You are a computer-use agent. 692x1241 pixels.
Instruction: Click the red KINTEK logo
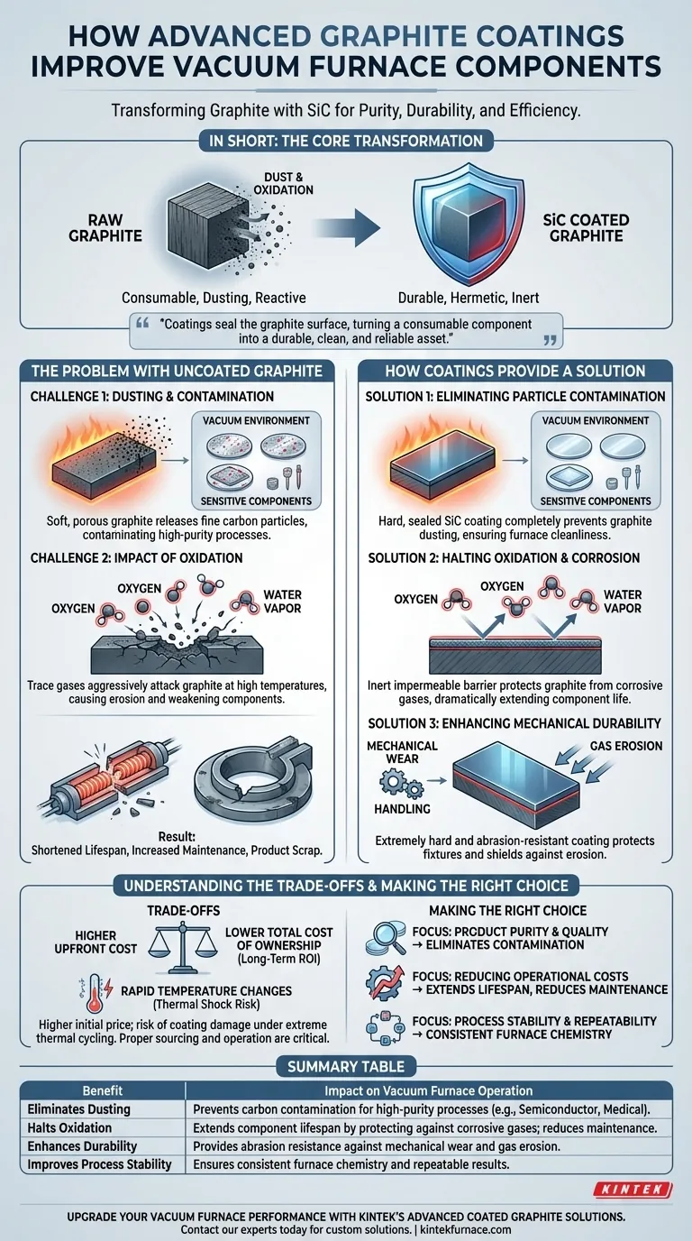pyautogui.click(x=633, y=1190)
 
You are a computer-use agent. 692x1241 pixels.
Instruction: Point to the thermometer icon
pyautogui.click(x=95, y=995)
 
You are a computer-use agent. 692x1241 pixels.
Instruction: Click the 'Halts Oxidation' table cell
pyautogui.click(x=69, y=1127)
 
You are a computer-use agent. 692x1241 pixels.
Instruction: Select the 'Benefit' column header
pyautogui.click(x=103, y=1090)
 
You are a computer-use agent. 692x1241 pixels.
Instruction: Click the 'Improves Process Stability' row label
pyautogui.click(x=100, y=1164)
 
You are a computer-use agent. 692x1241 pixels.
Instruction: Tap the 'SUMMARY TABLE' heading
pyautogui.click(x=346, y=1066)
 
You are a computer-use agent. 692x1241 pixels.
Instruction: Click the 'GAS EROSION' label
pyautogui.click(x=626, y=746)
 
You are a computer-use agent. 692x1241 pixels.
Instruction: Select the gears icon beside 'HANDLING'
pyautogui.click(x=401, y=785)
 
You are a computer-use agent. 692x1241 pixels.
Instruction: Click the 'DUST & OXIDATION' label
pyautogui.click(x=284, y=183)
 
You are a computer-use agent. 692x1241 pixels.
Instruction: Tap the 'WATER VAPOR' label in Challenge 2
pyautogui.click(x=282, y=601)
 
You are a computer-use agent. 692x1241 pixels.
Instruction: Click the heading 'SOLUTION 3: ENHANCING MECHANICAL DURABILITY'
pyautogui.click(x=514, y=723)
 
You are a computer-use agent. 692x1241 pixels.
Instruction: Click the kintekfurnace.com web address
pyautogui.click(x=466, y=1229)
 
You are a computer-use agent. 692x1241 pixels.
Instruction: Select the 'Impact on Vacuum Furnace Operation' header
pyautogui.click(x=429, y=1090)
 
